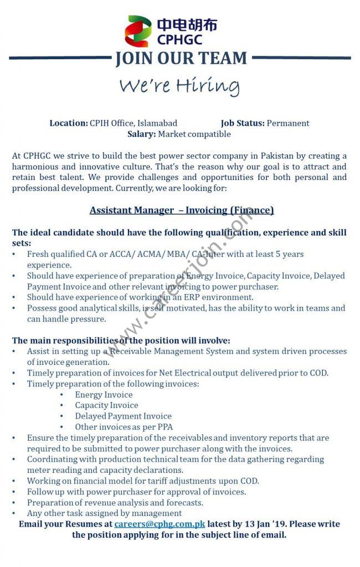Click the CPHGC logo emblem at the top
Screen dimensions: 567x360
(138, 31)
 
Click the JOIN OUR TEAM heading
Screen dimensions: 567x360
(181, 58)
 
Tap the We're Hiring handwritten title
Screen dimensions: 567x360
(179, 86)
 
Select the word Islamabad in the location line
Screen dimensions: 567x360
(157, 123)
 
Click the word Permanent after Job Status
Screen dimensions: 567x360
(288, 123)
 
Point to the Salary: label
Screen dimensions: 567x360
(142, 134)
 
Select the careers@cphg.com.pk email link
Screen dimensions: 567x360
(160, 524)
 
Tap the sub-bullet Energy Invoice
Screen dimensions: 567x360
(104, 395)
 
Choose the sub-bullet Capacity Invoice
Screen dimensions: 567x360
(106, 405)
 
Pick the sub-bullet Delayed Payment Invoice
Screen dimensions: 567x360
(123, 416)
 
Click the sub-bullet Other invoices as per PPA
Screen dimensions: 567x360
(124, 427)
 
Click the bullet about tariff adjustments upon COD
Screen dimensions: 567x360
(143, 481)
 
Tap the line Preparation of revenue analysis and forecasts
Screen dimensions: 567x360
(115, 503)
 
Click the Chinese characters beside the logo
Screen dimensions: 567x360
(187, 24)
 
